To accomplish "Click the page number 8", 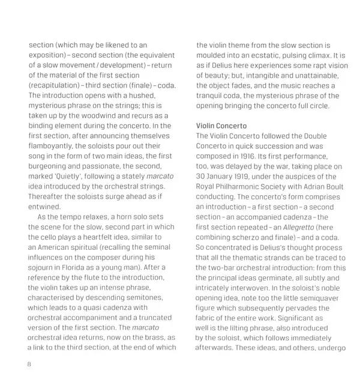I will pos(30,365).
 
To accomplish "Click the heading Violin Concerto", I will pos(221,126).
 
